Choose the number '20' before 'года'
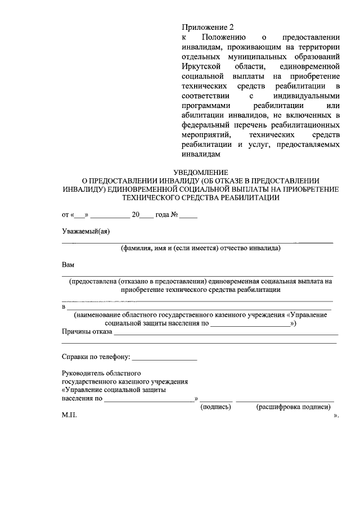pyautogui.click(x=135, y=214)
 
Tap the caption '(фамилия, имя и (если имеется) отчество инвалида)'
pyautogui.click(x=200, y=248)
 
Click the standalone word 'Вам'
pyautogui.click(x=68, y=264)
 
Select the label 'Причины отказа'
pyautogui.click(x=87, y=332)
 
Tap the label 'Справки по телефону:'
pyautogui.click(x=96, y=357)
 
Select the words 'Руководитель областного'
pyautogui.click(x=101, y=373)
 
